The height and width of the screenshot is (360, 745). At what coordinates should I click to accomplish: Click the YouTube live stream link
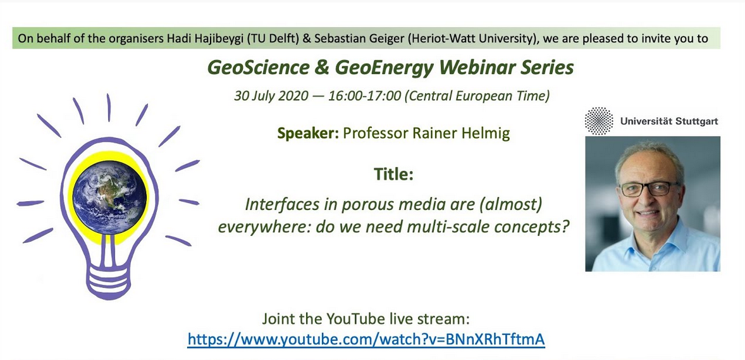click(366, 340)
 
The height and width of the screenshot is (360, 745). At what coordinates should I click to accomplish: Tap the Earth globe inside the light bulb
click(110, 197)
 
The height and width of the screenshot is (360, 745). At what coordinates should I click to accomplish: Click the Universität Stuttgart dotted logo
click(599, 121)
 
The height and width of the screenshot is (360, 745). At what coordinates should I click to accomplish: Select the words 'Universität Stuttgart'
click(668, 121)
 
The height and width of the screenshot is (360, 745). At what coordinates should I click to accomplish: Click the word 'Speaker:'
click(308, 133)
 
